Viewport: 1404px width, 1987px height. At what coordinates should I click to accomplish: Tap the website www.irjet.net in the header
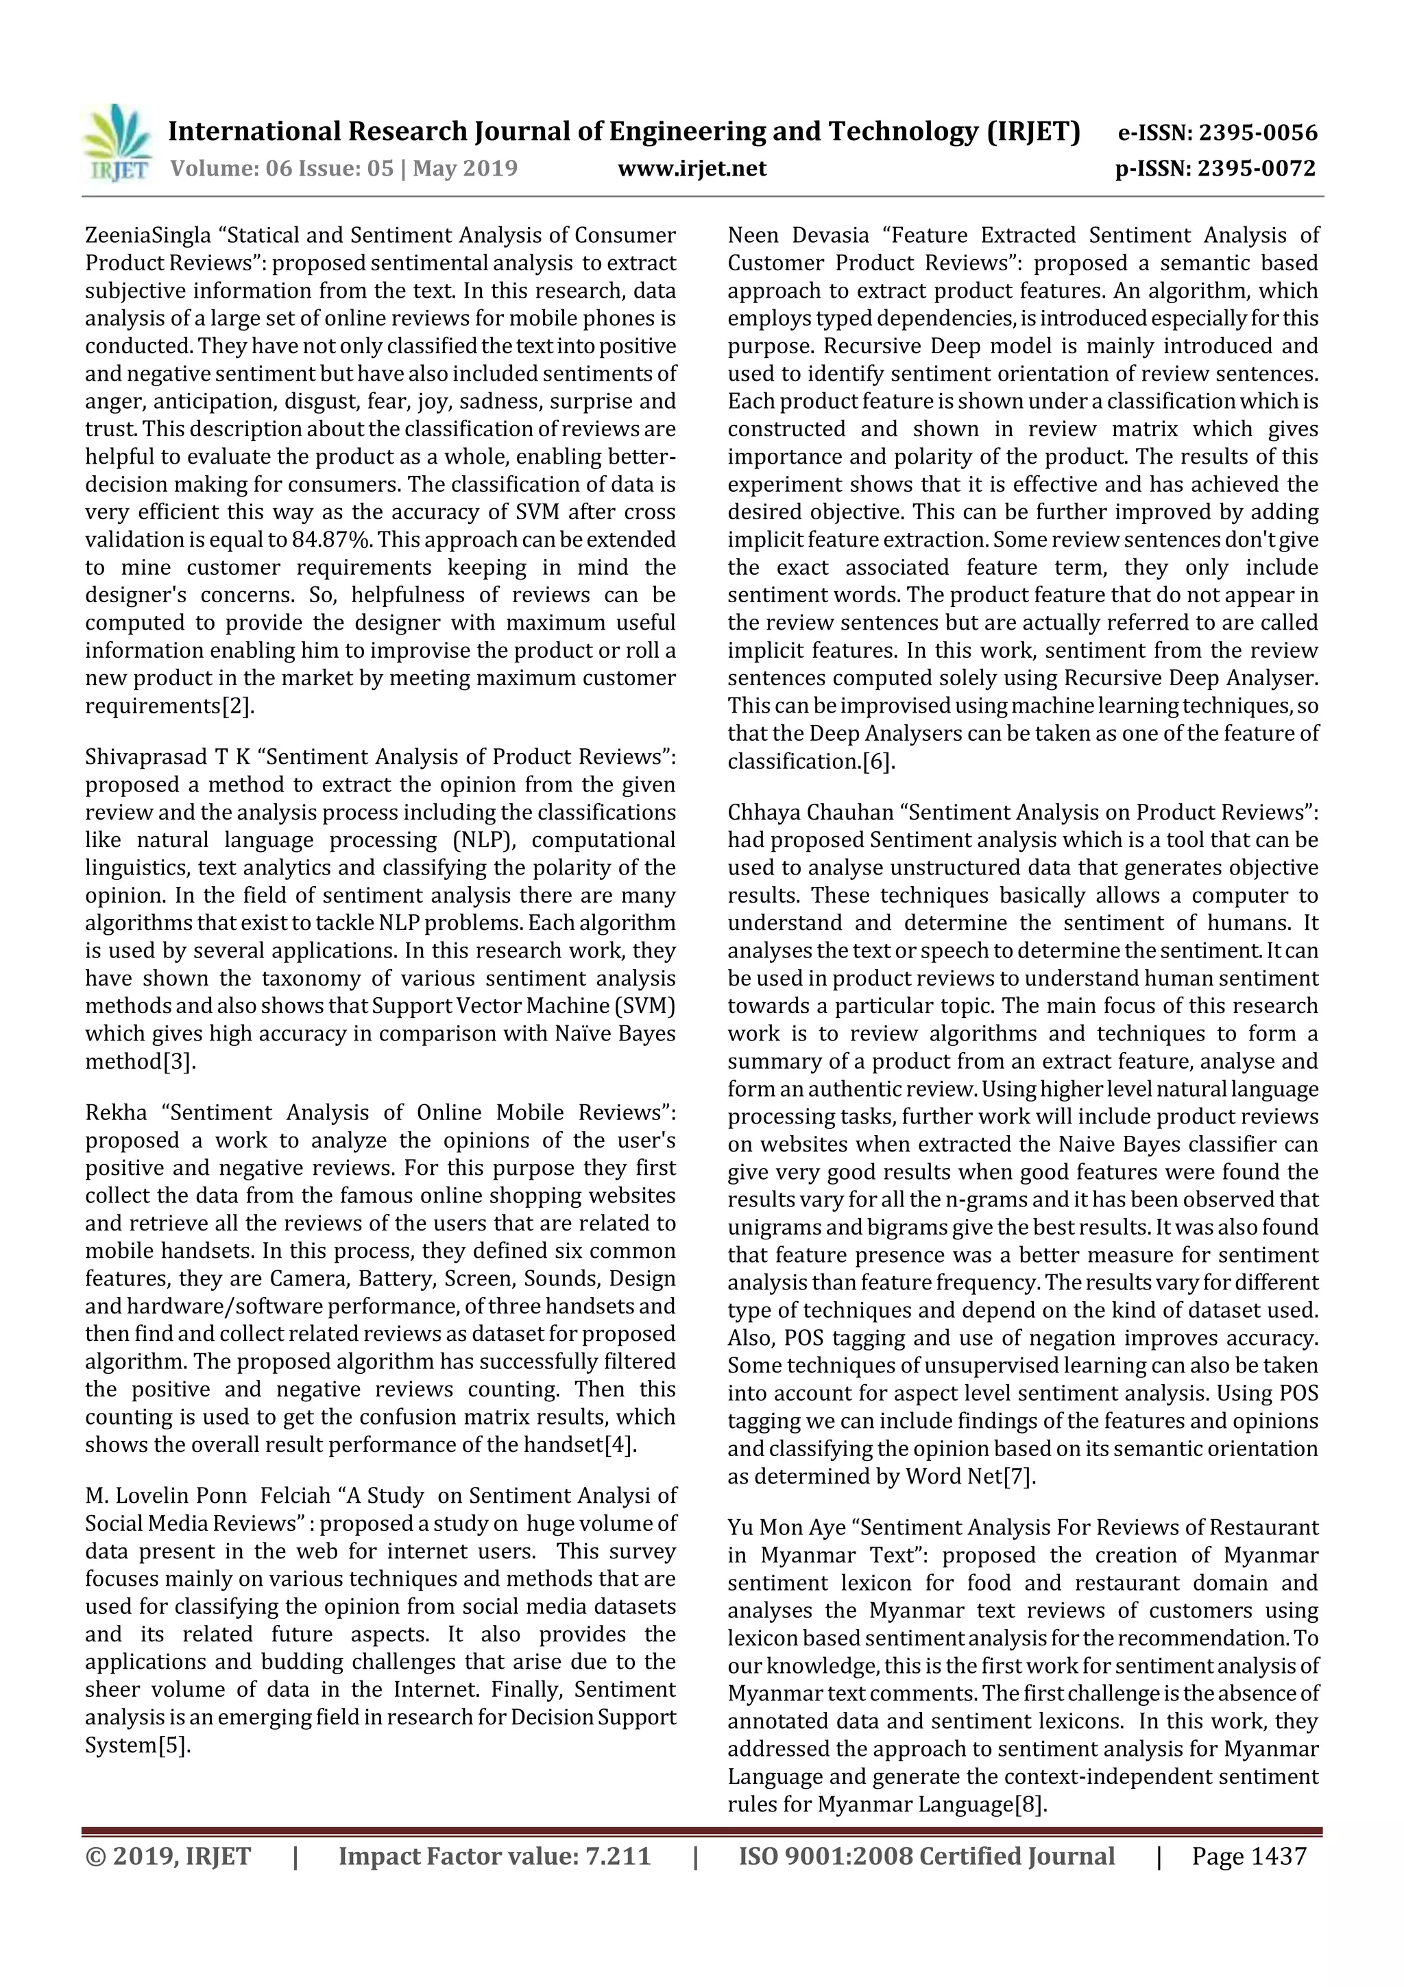[691, 169]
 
